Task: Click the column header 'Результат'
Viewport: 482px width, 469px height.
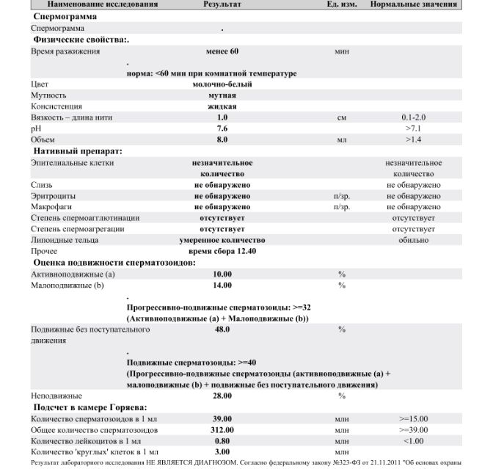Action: [222, 4]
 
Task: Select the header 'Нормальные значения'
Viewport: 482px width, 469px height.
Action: [413, 4]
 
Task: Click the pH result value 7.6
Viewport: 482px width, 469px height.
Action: [222, 128]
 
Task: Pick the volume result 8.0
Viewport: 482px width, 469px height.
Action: [222, 139]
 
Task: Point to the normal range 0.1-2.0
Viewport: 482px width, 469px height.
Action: [413, 117]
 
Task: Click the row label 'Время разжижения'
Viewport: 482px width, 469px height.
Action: [65, 52]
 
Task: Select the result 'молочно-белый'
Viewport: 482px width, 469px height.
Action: [222, 84]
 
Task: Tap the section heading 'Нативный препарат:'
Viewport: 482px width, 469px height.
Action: [78, 151]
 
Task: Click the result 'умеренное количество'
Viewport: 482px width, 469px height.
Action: [222, 240]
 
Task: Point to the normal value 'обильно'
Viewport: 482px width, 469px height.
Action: [413, 240]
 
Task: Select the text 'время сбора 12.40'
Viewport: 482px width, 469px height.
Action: [222, 251]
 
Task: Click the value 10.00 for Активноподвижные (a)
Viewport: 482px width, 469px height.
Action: [222, 274]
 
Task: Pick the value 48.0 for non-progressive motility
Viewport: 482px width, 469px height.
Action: [222, 330]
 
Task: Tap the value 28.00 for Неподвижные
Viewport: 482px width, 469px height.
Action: [222, 396]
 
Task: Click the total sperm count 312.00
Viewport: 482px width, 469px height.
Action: [222, 429]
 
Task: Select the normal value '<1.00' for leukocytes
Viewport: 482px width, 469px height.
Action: [413, 440]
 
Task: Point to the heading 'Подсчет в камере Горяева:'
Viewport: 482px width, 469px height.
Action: [90, 407]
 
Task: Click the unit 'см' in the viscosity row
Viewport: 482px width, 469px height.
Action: [341, 117]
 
